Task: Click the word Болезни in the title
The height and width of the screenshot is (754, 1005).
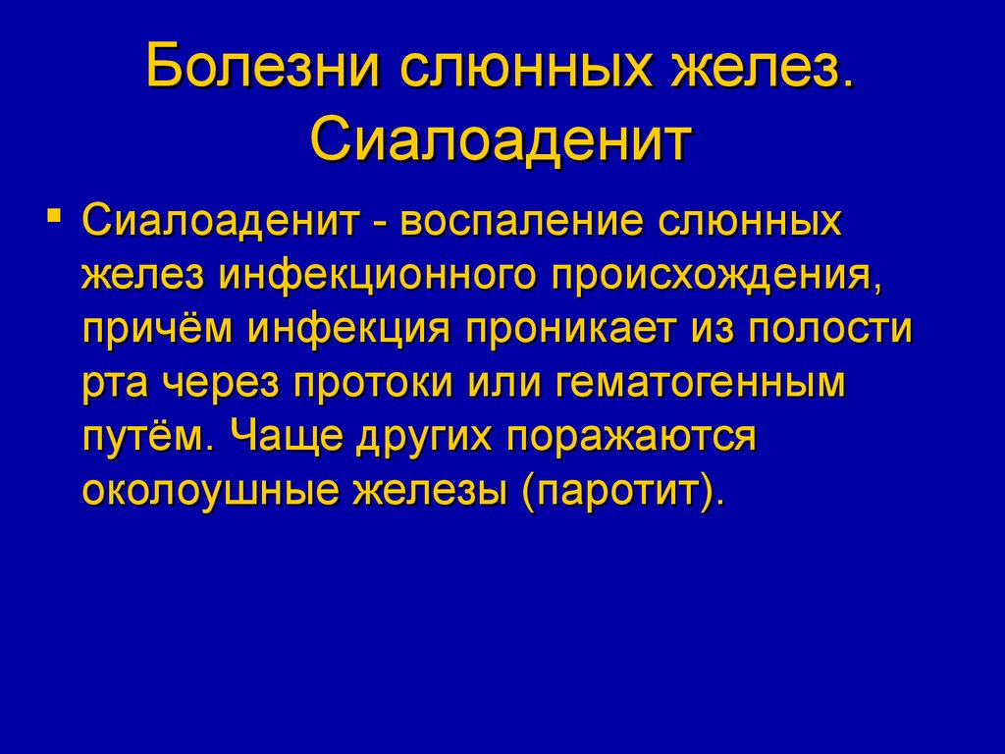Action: click(x=261, y=66)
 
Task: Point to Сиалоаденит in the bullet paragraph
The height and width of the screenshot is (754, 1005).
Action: click(x=220, y=221)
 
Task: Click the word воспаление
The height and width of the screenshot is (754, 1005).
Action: click(x=521, y=221)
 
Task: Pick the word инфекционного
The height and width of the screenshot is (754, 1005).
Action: click(x=378, y=276)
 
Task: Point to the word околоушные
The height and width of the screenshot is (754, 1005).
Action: click(x=210, y=492)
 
